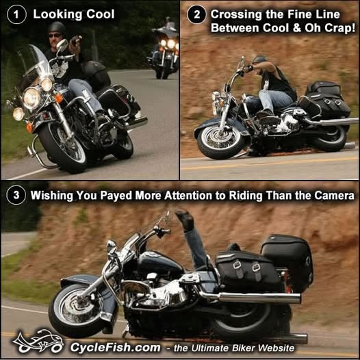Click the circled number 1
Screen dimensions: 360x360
[x=16, y=14]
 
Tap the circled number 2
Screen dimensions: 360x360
[x=196, y=14]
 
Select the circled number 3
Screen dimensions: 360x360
[x=16, y=195]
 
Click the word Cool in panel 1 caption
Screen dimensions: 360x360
[x=101, y=14]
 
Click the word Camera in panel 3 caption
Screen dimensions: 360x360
[x=334, y=195]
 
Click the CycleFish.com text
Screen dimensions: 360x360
[x=115, y=348]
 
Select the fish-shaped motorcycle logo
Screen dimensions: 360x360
[x=38, y=342]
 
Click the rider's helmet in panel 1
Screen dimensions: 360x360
[x=57, y=27]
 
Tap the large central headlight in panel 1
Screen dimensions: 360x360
[x=31, y=98]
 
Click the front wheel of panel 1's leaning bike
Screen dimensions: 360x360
[x=63, y=148]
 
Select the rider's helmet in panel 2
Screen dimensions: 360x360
[x=259, y=60]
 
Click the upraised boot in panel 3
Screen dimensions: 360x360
[x=185, y=220]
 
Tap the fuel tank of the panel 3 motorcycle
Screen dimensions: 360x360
[x=161, y=264]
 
